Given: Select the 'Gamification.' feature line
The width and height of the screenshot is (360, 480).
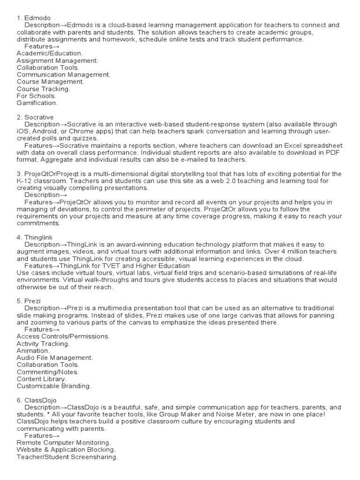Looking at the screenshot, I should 37,102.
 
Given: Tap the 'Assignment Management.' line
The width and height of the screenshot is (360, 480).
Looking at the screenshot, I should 57,60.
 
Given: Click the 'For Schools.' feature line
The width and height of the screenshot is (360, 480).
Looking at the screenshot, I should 36,95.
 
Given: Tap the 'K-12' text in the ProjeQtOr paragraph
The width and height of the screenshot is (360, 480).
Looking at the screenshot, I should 24,181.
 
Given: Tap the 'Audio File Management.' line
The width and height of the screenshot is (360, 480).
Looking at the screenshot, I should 55,357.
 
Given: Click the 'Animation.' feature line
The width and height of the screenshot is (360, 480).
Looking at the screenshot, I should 33,350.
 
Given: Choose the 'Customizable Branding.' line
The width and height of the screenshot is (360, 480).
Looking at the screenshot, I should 54,386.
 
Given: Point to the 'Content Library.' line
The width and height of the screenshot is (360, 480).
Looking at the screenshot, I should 42,379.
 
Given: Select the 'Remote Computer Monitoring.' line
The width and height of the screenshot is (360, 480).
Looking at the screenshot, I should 64,442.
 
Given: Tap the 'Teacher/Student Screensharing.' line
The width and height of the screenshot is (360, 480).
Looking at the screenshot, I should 67,457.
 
